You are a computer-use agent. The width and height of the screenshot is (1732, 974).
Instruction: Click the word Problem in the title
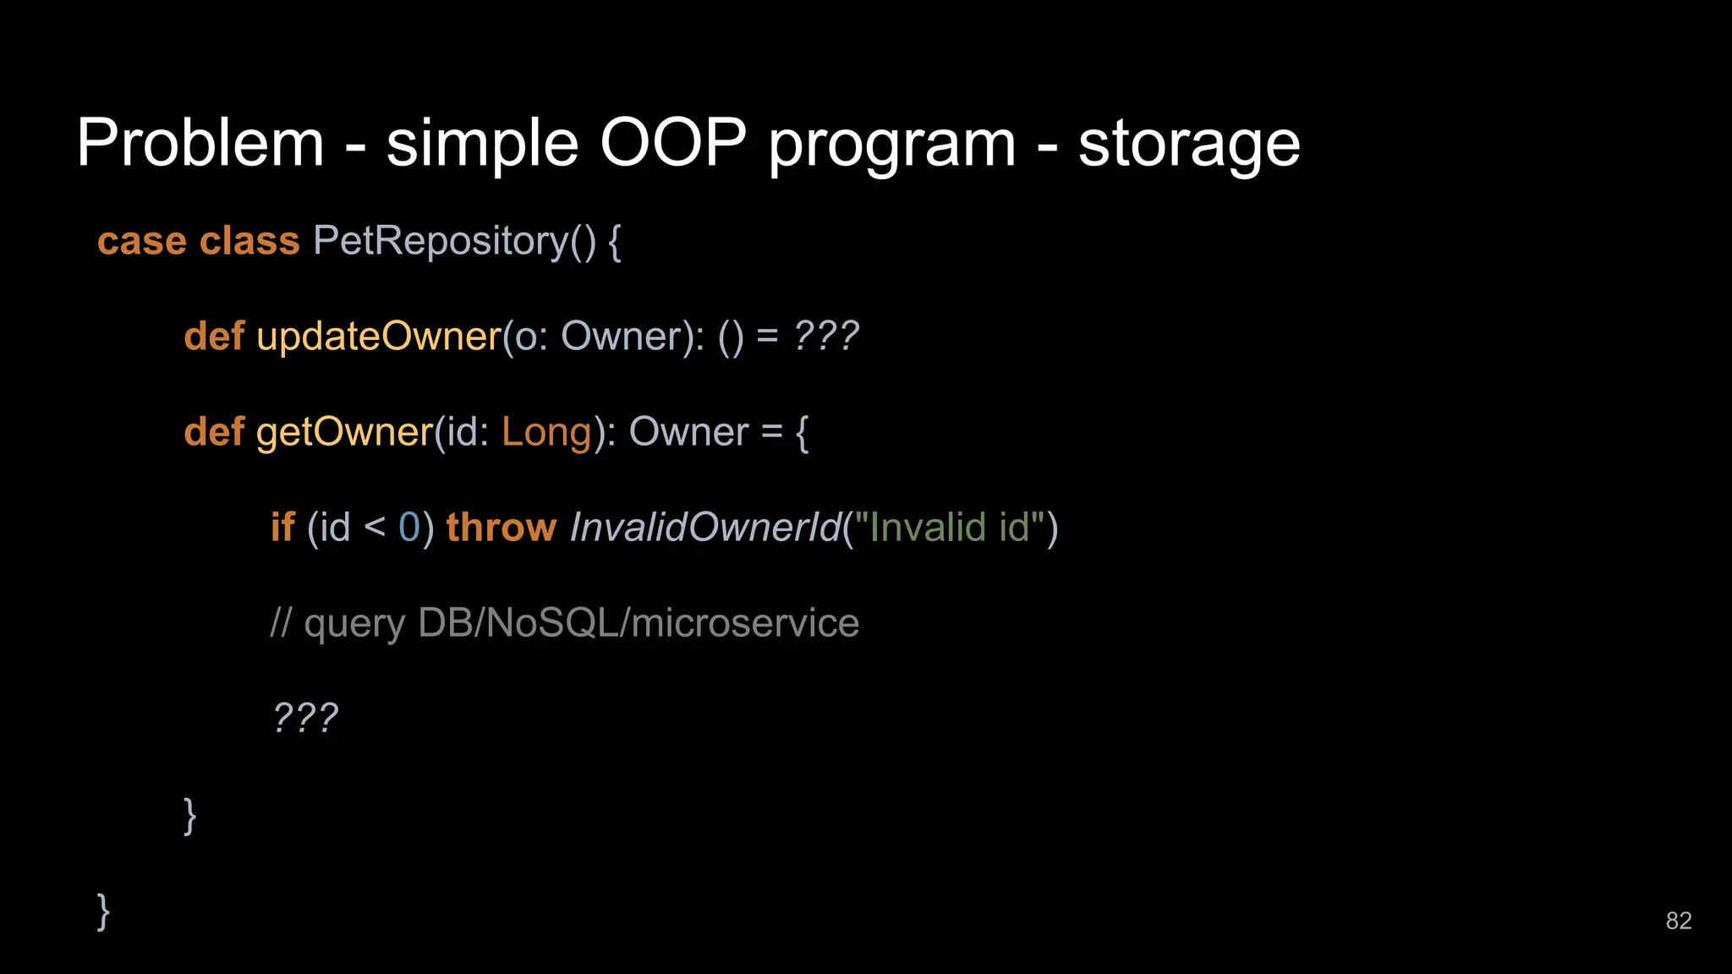(200, 143)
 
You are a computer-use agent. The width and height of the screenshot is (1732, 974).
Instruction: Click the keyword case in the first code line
(141, 242)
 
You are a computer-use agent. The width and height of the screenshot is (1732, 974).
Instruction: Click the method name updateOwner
(379, 337)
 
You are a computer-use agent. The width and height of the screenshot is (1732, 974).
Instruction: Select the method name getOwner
(344, 433)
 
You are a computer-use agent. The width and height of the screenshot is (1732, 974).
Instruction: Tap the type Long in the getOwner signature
(546, 433)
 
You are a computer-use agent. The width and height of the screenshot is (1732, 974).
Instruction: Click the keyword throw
(501, 528)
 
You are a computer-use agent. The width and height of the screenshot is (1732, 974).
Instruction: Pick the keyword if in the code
(282, 528)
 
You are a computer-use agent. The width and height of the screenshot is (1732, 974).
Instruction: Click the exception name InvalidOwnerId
(705, 528)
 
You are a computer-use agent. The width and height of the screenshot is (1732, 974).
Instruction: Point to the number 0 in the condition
(409, 528)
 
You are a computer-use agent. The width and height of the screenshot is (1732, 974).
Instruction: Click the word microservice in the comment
(745, 623)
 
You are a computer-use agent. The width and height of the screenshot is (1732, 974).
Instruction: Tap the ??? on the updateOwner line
(826, 337)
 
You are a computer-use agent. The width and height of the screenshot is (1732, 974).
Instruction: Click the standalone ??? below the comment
(305, 719)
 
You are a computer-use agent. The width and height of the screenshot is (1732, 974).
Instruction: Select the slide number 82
(1678, 921)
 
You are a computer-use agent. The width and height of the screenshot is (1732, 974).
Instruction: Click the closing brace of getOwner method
(190, 816)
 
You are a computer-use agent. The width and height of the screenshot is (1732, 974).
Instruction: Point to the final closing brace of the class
(103, 911)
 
